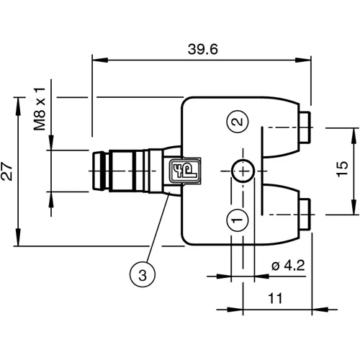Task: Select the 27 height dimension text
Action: tap(8, 170)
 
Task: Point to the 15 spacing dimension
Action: tap(343, 170)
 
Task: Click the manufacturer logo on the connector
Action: tap(177, 171)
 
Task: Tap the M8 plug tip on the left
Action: tap(96, 171)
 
